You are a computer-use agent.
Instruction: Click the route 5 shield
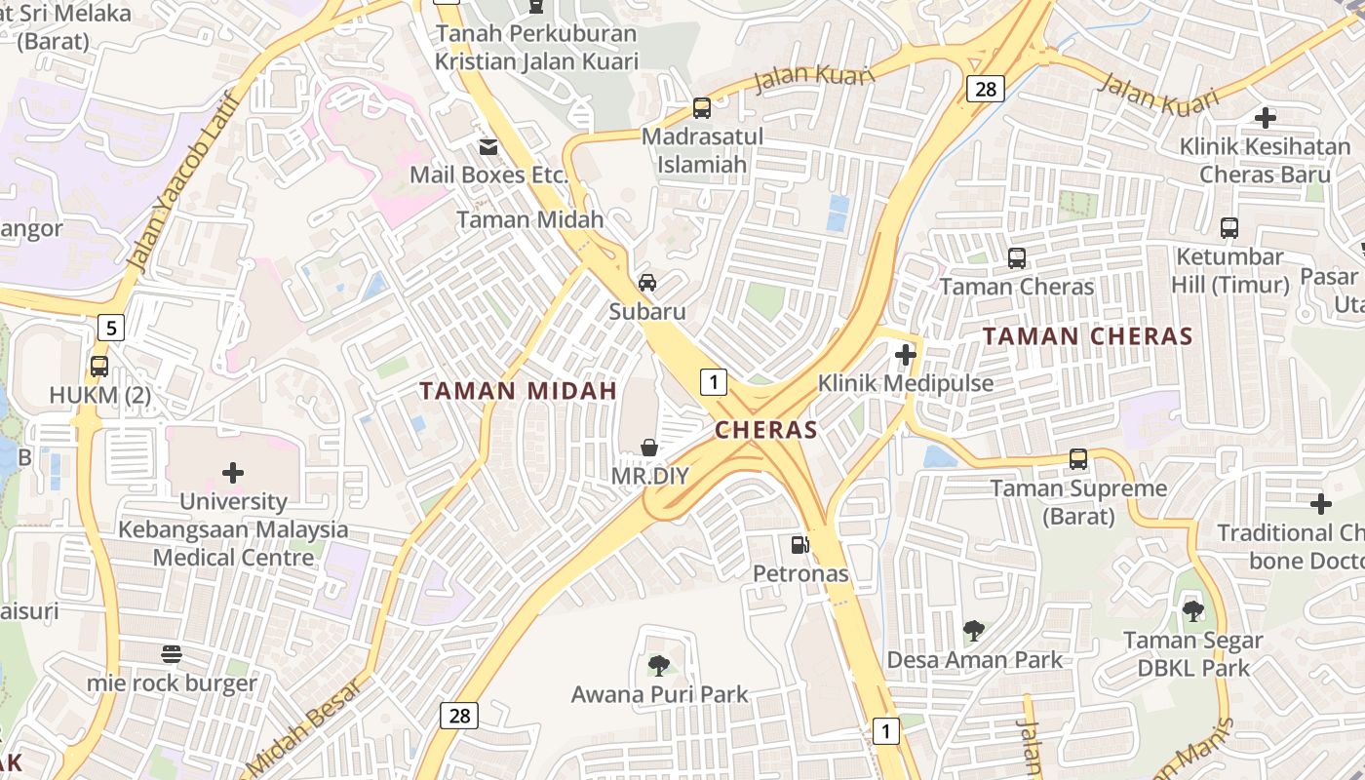coord(111,328)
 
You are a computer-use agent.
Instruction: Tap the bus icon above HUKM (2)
coord(98,367)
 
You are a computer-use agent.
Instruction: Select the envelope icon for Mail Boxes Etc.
coord(487,146)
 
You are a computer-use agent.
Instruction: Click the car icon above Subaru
coord(646,283)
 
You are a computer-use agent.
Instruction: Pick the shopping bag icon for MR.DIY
coord(648,448)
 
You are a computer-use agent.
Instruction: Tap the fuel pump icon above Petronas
coord(799,545)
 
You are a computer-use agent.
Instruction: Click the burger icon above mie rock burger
coord(172,653)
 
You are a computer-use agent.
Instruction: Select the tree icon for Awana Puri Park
coord(659,666)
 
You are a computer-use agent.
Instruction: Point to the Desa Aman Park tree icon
coord(973,631)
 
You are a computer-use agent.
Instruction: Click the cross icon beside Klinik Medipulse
coord(906,355)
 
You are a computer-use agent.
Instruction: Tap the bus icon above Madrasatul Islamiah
coord(701,108)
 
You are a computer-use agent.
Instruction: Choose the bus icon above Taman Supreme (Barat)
coord(1077,458)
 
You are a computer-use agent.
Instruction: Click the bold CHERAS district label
coord(765,430)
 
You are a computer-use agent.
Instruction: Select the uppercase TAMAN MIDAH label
coord(518,391)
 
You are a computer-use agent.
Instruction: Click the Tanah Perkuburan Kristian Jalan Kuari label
coord(536,48)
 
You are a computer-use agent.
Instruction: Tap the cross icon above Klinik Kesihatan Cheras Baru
coord(1265,118)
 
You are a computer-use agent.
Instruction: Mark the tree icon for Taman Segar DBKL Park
coord(1192,611)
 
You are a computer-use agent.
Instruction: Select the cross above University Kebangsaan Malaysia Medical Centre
coord(233,473)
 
